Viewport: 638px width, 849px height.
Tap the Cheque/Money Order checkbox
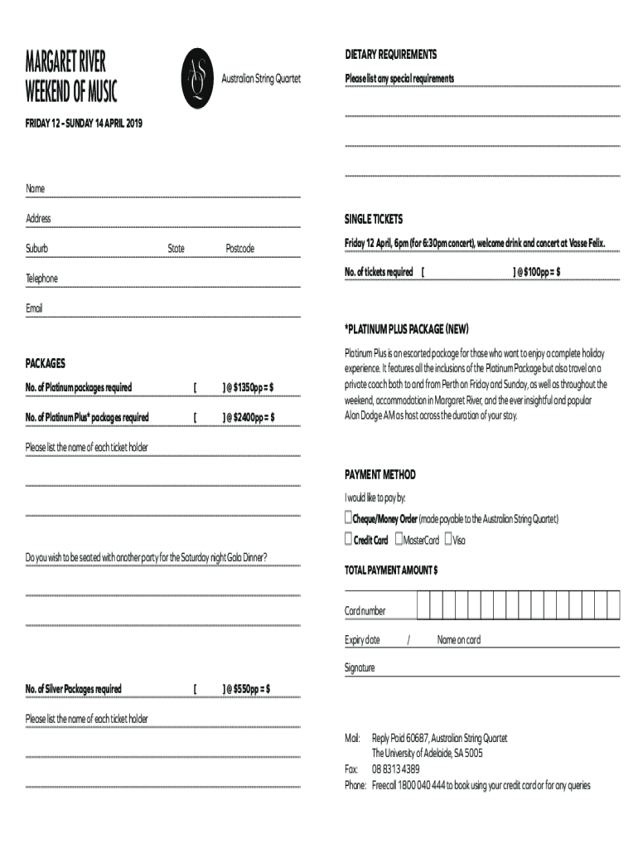349,518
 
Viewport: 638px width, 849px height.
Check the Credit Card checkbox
349,540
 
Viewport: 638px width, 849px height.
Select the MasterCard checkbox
399,540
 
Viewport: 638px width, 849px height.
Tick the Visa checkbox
448,540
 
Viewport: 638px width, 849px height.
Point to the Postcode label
240,249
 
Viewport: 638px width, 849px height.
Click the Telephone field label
41,279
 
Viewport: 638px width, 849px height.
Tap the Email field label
34,308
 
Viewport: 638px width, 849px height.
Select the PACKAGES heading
46,363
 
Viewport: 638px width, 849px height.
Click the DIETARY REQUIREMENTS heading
390,55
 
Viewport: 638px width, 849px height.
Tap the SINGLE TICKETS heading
374,219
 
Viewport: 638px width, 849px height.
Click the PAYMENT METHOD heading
380,475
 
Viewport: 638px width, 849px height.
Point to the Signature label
360,667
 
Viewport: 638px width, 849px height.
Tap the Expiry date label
362,640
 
